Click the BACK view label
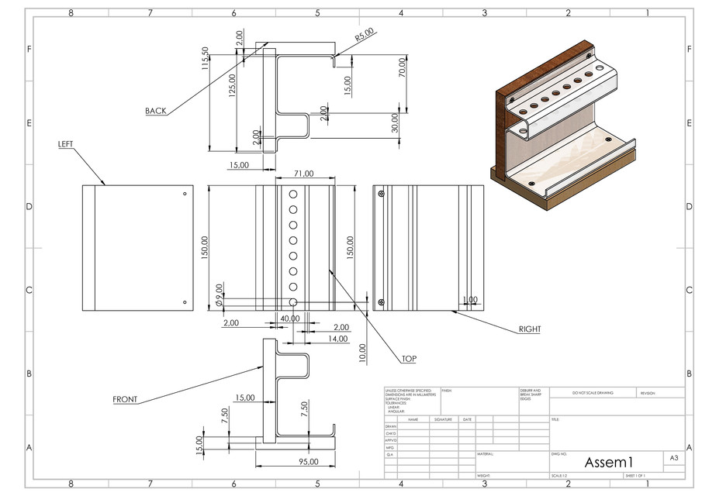click(155, 111)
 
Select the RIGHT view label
click(530, 329)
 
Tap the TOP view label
click(409, 359)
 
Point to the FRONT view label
click(125, 400)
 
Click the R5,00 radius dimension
click(364, 35)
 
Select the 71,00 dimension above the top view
click(303, 174)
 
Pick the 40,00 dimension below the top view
click(289, 319)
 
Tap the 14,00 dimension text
click(337, 339)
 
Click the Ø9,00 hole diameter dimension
click(220, 292)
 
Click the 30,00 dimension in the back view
click(395, 122)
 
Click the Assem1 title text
click(610, 462)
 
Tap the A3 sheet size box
click(674, 459)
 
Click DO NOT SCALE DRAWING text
click(593, 394)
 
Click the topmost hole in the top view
click(294, 194)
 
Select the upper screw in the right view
click(381, 195)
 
